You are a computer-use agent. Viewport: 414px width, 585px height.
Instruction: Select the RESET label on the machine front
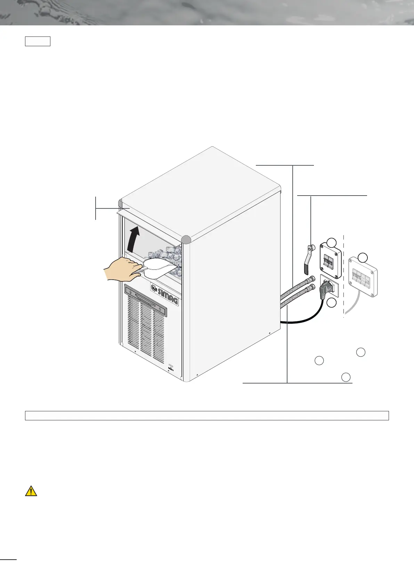pyautogui.click(x=170, y=369)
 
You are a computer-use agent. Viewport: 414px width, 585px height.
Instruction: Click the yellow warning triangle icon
pyautogui.click(x=31, y=491)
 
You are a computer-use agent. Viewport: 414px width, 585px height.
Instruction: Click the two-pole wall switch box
pyautogui.click(x=331, y=262)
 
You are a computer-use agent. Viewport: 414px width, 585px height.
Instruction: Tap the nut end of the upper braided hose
pyautogui.click(x=312, y=278)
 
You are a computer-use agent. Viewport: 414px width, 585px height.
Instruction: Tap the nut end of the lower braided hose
pyautogui.click(x=312, y=287)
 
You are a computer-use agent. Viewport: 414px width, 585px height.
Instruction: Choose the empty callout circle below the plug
pyautogui.click(x=331, y=303)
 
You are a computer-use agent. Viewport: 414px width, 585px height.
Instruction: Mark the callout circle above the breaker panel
pyautogui.click(x=363, y=257)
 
